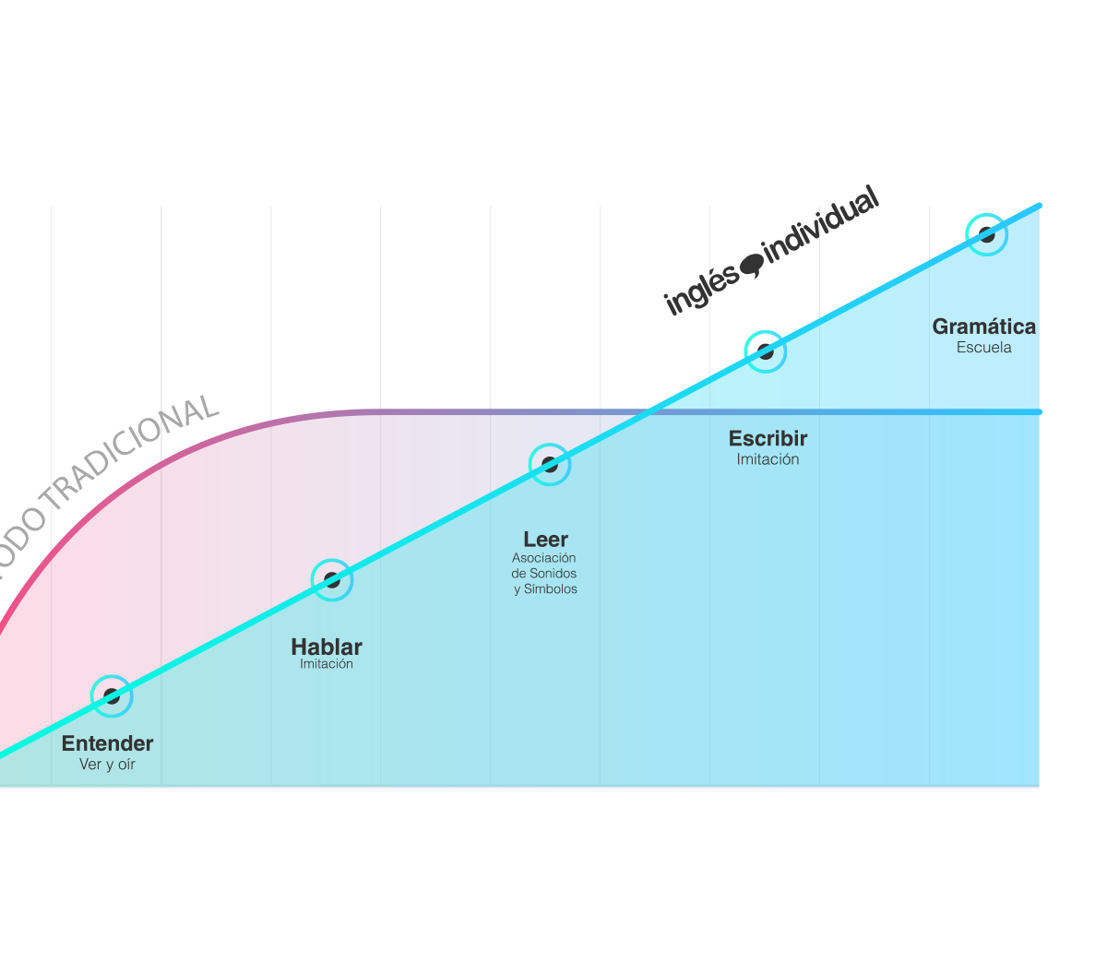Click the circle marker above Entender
coord(111,695)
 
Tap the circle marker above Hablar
coord(331,579)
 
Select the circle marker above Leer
coord(549,463)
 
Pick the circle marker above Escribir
coord(764,350)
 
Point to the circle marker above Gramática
coord(985,234)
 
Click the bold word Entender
coord(107,743)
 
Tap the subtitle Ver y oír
coord(107,765)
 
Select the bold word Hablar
coord(327,647)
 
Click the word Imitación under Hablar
coord(327,664)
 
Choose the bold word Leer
coord(545,540)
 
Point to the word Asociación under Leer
coord(544,558)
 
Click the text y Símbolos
coord(545,589)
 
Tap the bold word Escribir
coord(768,439)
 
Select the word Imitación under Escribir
coord(768,459)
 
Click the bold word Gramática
coord(983,327)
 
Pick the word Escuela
coord(983,348)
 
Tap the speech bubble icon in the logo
coord(753,265)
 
